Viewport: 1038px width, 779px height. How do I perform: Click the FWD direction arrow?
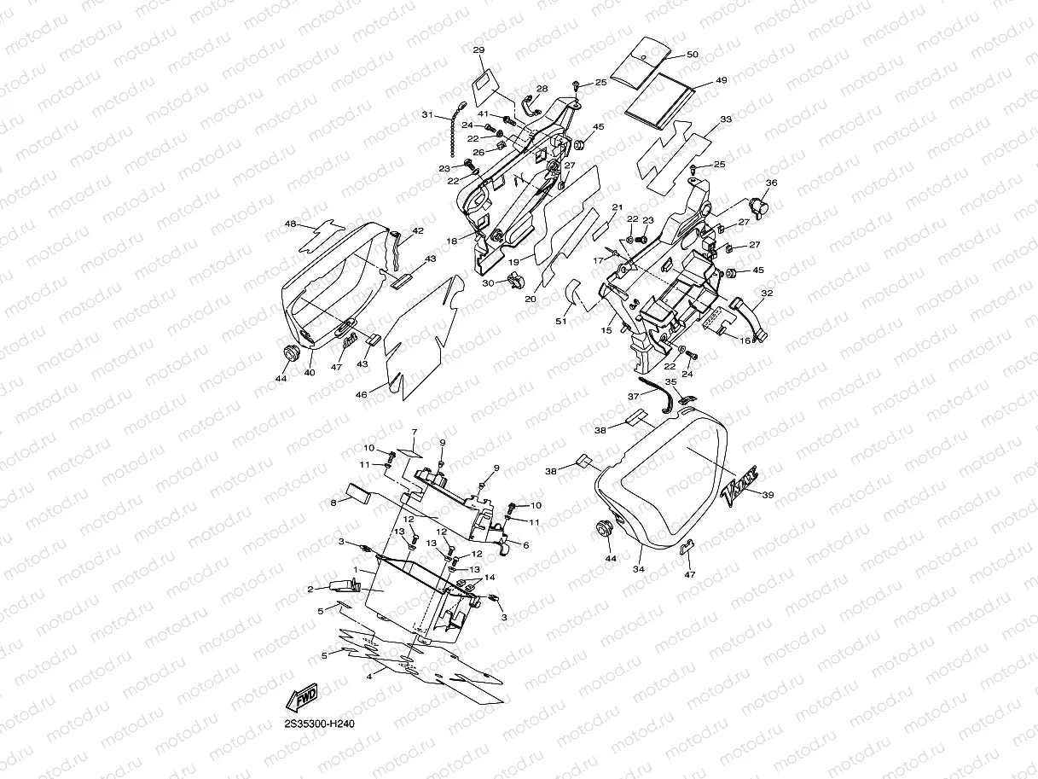click(302, 699)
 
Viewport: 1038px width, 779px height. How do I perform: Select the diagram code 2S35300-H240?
click(319, 724)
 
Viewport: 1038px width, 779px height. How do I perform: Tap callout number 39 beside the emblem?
click(768, 495)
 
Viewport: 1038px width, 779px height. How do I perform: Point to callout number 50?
click(692, 55)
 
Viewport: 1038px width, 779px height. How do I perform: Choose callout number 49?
click(721, 80)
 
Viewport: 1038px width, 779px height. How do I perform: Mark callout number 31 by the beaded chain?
click(427, 114)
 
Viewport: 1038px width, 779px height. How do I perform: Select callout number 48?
click(291, 224)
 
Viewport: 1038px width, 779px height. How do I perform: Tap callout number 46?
click(361, 395)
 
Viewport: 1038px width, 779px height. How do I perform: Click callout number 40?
click(310, 372)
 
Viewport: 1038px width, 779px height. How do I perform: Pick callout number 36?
click(771, 183)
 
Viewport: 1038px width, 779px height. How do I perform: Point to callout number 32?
click(767, 293)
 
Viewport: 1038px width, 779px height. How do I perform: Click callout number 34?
click(637, 568)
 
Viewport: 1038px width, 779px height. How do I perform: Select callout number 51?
click(561, 321)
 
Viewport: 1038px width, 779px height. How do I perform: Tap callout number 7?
click(415, 432)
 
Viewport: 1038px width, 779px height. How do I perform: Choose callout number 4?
click(369, 676)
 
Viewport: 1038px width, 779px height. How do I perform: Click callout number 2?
click(311, 589)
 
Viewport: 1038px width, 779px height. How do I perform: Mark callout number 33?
click(725, 119)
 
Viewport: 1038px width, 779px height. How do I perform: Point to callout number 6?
click(525, 545)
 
